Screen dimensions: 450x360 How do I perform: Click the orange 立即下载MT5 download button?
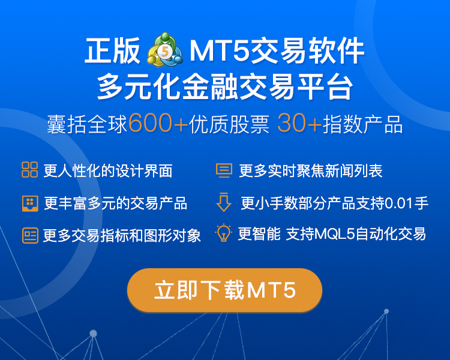[x=225, y=290]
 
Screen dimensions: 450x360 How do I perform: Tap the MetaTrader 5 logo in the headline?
[x=165, y=50]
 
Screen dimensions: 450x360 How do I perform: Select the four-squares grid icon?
[x=29, y=169]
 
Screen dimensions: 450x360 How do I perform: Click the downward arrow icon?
[x=224, y=202]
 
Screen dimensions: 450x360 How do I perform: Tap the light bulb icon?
[x=223, y=233]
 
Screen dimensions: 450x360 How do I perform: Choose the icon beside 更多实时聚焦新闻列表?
[x=224, y=170]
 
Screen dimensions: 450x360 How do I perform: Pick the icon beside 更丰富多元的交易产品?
[x=30, y=203]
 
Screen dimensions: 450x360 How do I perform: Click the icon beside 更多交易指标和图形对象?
[x=30, y=235]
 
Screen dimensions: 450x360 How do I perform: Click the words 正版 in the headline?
[x=113, y=50]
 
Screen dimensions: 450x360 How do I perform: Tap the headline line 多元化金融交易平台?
[x=225, y=86]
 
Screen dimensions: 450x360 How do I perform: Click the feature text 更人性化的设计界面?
[x=108, y=171]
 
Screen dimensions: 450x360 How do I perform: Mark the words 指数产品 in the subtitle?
[x=363, y=124]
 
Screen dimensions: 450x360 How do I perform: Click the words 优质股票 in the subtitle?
[x=229, y=124]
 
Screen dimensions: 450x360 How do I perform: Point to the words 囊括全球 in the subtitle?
[x=87, y=124]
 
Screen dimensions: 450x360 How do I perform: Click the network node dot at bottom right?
[x=386, y=311]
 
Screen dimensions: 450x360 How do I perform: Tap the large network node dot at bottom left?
[x=93, y=334]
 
